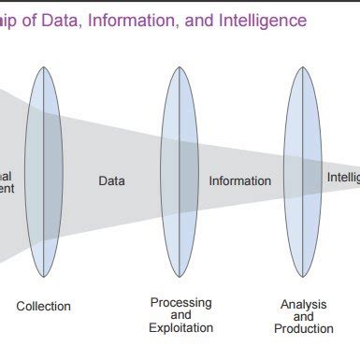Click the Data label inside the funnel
click(x=111, y=180)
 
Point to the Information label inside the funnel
click(x=239, y=180)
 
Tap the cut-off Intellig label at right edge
click(x=342, y=177)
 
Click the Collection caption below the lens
click(x=43, y=306)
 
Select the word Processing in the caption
click(x=180, y=302)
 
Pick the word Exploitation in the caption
click(x=180, y=327)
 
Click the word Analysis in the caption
click(x=303, y=305)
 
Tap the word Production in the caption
click(x=303, y=328)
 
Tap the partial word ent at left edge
click(x=7, y=188)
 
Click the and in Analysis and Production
click(x=303, y=317)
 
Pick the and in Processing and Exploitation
click(x=180, y=315)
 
